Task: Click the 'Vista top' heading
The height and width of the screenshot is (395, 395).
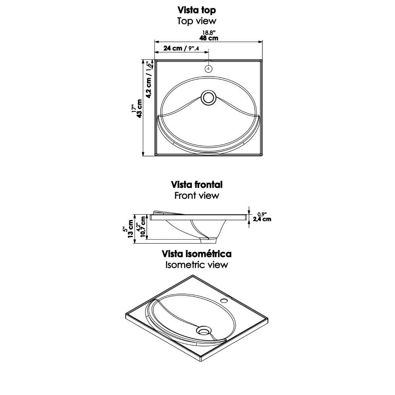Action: coord(197,11)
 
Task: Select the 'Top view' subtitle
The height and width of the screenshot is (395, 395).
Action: coord(197,21)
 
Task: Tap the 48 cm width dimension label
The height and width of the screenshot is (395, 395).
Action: coord(209,38)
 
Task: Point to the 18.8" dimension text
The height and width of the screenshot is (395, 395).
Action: coord(209,33)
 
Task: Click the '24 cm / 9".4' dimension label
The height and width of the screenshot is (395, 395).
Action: coord(181,48)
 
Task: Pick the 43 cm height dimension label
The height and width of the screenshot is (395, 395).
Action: coord(139,108)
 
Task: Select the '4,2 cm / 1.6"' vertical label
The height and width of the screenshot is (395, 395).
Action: coord(149,79)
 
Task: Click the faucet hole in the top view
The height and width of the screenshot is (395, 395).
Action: coord(208,68)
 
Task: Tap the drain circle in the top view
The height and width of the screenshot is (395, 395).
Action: coord(208,97)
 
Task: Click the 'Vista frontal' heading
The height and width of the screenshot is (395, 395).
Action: coord(197,185)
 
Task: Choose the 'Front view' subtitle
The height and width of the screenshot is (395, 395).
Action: coord(197,195)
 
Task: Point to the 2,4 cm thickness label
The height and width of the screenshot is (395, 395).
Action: coord(262,219)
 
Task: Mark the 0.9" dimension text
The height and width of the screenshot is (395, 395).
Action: coord(262,214)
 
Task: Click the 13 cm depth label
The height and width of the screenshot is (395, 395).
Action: coord(130,229)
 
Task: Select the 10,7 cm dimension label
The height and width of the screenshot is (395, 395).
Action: coord(143,226)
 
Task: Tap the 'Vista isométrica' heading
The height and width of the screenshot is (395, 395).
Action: coord(197,254)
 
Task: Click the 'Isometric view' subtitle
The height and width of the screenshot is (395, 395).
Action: coord(197,265)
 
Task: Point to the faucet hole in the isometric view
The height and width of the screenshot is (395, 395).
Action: coord(224,300)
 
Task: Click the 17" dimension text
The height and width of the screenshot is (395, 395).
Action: coord(134,108)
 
